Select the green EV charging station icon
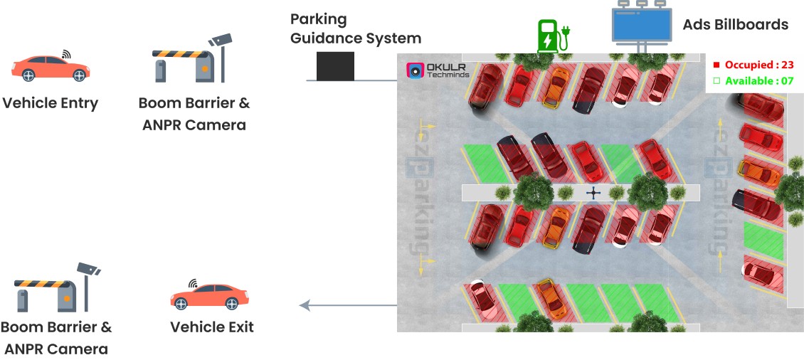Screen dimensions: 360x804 tap(549, 36)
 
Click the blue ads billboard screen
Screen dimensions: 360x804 tap(641, 24)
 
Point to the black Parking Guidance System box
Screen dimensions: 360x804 tap(335, 65)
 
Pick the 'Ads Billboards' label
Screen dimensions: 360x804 tap(735, 25)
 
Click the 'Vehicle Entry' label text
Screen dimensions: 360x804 tap(50, 103)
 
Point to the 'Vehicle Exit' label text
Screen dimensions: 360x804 tap(211, 327)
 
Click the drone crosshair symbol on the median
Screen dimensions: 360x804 tap(593, 193)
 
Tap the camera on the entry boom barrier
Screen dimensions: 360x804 tap(221, 39)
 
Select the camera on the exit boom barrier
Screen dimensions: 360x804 tap(89, 269)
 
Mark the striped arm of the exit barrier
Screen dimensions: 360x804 tap(43, 283)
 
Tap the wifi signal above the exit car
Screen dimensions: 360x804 tap(192, 284)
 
